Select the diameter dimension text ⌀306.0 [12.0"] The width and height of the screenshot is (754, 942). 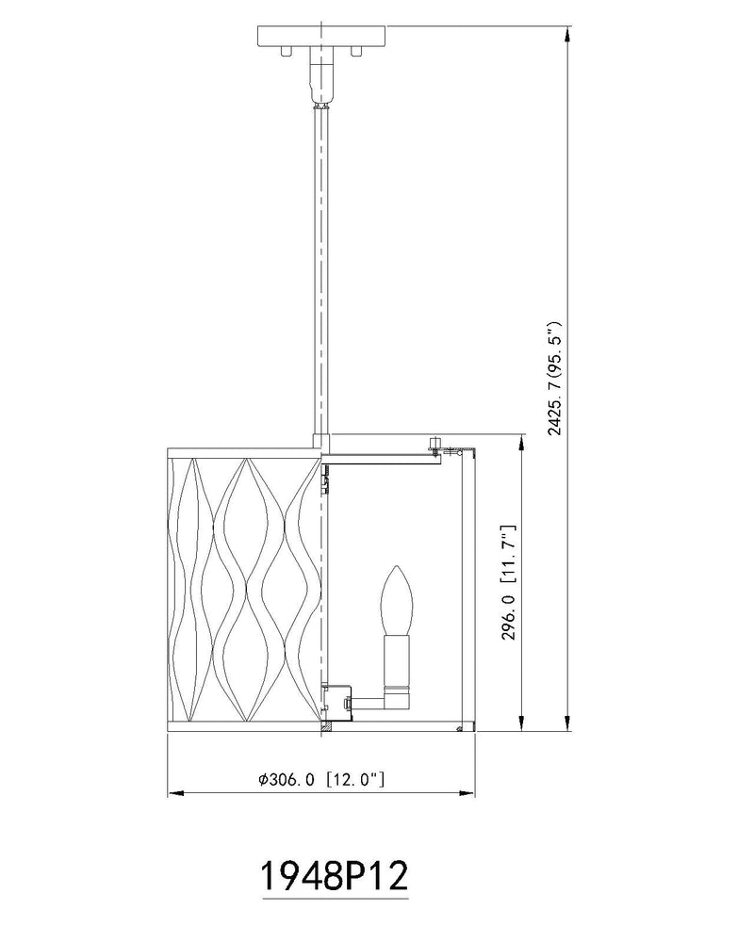321,780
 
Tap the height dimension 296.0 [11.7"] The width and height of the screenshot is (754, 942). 509,582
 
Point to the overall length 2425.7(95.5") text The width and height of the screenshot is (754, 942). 554,378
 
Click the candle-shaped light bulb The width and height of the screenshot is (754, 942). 395,599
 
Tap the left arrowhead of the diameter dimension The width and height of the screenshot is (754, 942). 175,793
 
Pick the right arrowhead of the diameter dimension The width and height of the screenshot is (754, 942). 467,793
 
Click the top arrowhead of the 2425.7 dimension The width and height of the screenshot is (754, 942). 567,34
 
